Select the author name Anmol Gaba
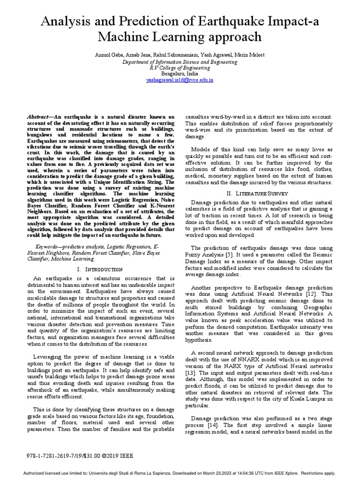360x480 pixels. click(x=108, y=55)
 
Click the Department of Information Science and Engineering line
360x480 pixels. click(x=180, y=61)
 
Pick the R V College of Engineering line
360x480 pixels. click(x=180, y=67)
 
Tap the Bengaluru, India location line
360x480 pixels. click(x=180, y=74)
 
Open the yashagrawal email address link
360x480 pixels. click(x=180, y=80)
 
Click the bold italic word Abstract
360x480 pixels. click(x=38, y=117)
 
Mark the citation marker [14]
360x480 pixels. click(x=215, y=424)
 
